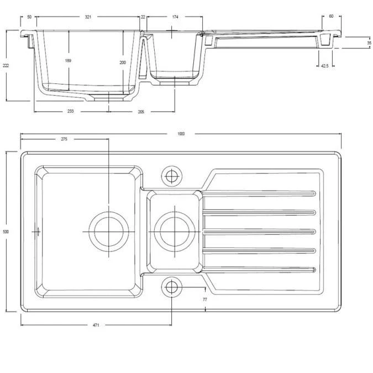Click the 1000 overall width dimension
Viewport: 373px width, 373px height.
[181, 134]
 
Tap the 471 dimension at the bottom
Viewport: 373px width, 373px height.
[96, 326]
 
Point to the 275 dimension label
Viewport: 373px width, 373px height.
[64, 139]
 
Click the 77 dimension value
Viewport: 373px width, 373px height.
[204, 299]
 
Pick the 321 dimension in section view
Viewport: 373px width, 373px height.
[88, 17]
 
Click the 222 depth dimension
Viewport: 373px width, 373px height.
[6, 65]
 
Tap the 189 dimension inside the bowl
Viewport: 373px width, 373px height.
[68, 60]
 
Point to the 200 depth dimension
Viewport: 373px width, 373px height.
[123, 62]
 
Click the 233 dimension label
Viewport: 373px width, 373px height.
[71, 112]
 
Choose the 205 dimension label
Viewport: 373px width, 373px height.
[141, 112]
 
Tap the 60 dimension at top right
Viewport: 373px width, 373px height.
[331, 17]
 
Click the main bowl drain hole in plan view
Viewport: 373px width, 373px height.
[109, 230]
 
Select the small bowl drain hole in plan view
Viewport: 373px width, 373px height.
[174, 230]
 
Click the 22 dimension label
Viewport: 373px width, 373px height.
[143, 17]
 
